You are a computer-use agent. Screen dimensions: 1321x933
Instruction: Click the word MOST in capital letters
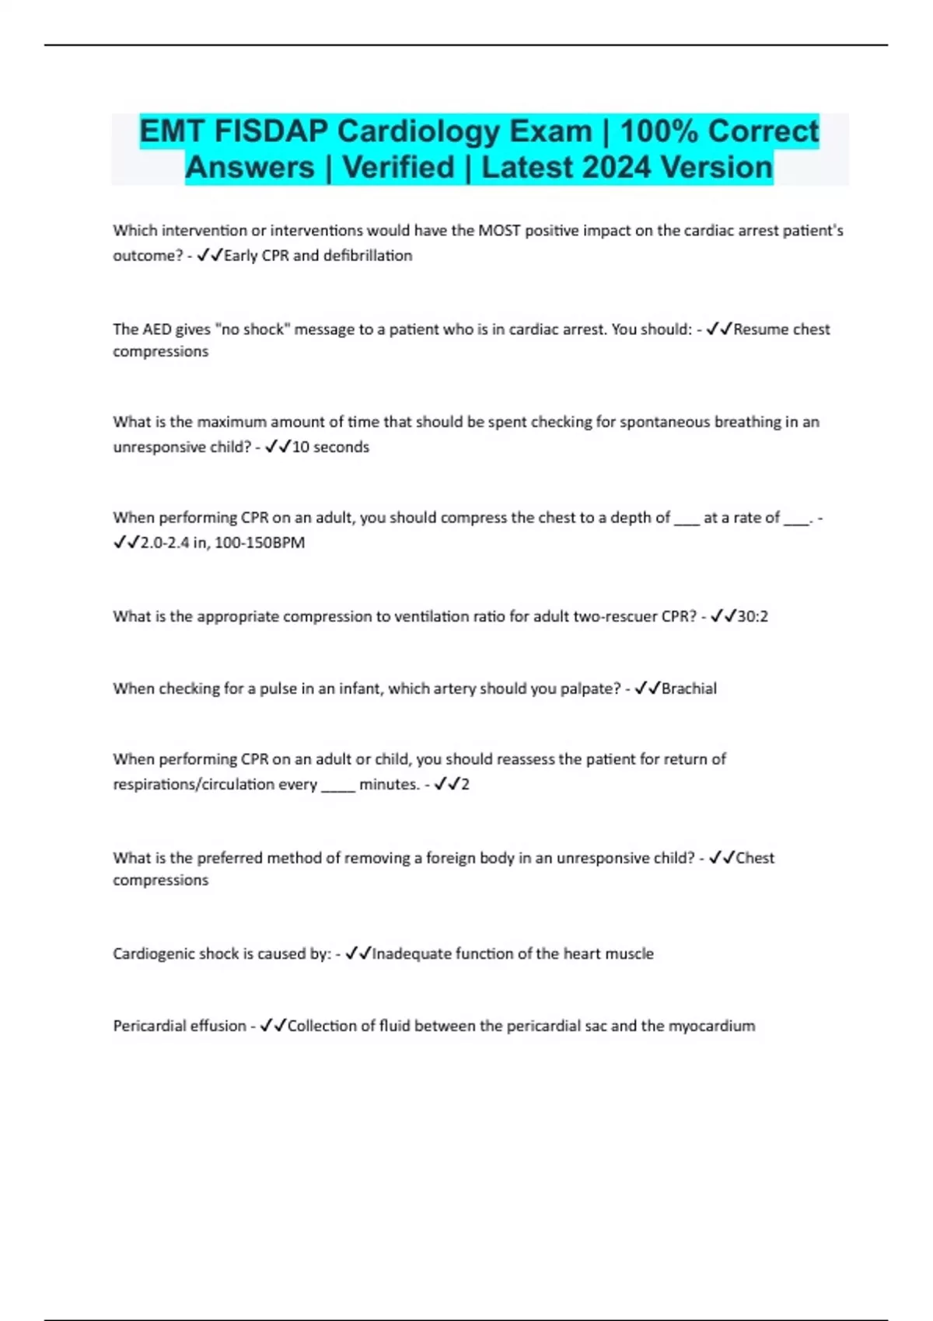[x=499, y=231]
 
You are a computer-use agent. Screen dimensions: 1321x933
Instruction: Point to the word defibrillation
[x=368, y=256]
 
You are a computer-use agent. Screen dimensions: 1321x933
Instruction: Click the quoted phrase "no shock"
[x=252, y=329]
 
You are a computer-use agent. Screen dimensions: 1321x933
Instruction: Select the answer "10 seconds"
[x=330, y=447]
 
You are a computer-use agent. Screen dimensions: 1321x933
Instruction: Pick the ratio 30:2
[x=753, y=616]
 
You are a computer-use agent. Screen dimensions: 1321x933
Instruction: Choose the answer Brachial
[x=689, y=688]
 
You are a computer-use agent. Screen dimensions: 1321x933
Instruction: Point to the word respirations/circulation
[x=215, y=784]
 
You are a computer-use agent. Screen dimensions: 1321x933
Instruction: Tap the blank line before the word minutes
[x=338, y=786]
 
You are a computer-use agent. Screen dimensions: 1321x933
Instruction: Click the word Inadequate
[x=411, y=953]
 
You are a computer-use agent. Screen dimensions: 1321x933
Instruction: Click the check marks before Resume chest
[x=719, y=329]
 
